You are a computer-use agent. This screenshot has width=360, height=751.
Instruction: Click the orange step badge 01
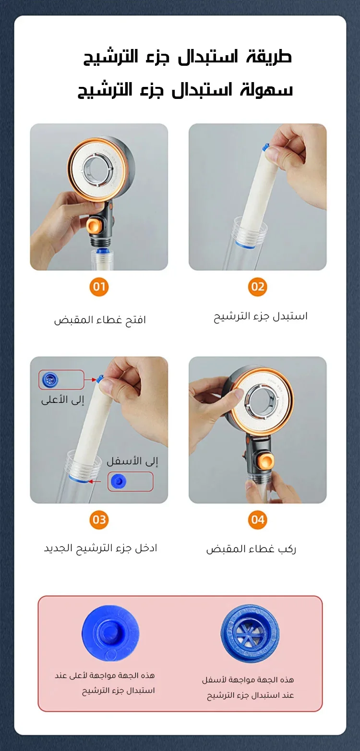tap(99, 287)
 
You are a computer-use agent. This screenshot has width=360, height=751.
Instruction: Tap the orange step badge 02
tap(257, 287)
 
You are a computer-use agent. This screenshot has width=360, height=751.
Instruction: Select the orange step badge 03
tap(99, 520)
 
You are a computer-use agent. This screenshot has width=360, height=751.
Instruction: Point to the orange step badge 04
tap(257, 520)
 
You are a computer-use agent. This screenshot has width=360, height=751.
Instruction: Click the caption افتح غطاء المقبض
tap(100, 320)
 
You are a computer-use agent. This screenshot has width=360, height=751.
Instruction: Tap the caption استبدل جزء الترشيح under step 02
tap(261, 316)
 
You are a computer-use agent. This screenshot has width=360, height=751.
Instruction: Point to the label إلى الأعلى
tap(62, 400)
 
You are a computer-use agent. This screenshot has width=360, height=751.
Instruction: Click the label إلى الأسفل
tap(132, 461)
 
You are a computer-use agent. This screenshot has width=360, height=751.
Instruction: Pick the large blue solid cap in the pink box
tap(110, 633)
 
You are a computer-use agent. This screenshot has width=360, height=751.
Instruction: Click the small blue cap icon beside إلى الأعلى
tap(50, 379)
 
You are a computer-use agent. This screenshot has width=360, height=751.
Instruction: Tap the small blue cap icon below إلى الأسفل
tap(119, 482)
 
